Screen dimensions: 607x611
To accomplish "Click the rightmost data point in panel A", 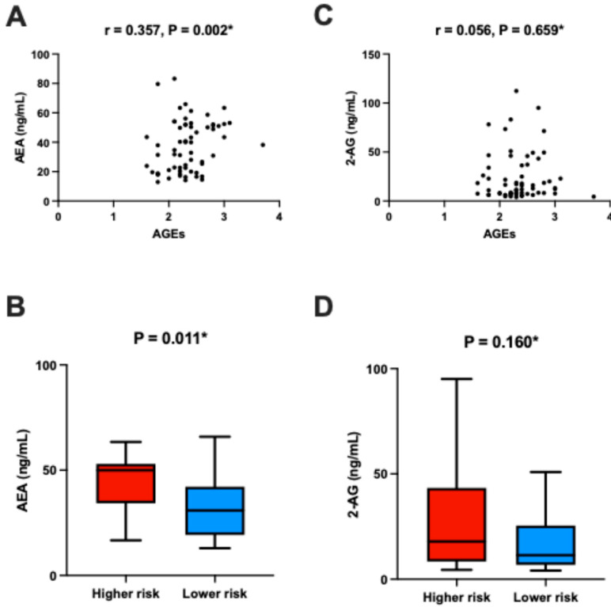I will pos(262,145).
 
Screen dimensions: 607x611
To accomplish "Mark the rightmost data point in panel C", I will pos(593,196).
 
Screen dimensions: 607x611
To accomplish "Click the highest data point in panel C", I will pos(515,91).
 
